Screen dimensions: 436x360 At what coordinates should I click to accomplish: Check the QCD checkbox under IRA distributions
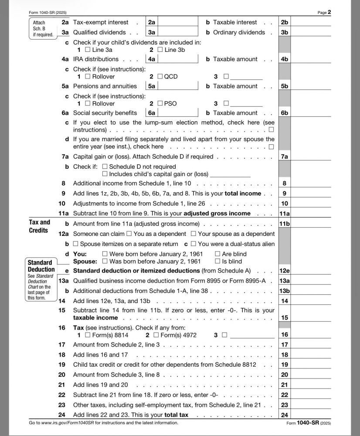pos(160,77)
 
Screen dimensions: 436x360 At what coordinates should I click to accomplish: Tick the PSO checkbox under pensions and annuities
pos(160,104)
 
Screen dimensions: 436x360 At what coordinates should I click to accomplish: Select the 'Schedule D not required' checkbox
pos(105,167)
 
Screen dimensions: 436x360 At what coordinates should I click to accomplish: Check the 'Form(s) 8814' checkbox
pos(88,335)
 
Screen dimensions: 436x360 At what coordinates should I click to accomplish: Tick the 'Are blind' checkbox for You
pos(217,254)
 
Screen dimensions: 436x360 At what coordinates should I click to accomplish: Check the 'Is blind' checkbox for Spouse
pos(217,262)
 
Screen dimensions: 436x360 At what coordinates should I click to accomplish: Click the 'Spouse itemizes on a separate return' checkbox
pos(76,244)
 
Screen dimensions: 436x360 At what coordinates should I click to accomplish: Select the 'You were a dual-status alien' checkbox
pos(194,244)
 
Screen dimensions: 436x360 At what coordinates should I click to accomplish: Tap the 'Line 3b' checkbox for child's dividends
pos(160,50)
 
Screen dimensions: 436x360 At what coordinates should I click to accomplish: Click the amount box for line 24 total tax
pos(311,415)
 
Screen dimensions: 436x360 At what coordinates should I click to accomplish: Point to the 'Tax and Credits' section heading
pos(40,226)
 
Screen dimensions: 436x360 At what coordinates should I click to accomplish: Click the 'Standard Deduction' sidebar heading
pos(40,266)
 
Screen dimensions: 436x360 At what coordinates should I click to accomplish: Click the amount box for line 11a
pos(311,214)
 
